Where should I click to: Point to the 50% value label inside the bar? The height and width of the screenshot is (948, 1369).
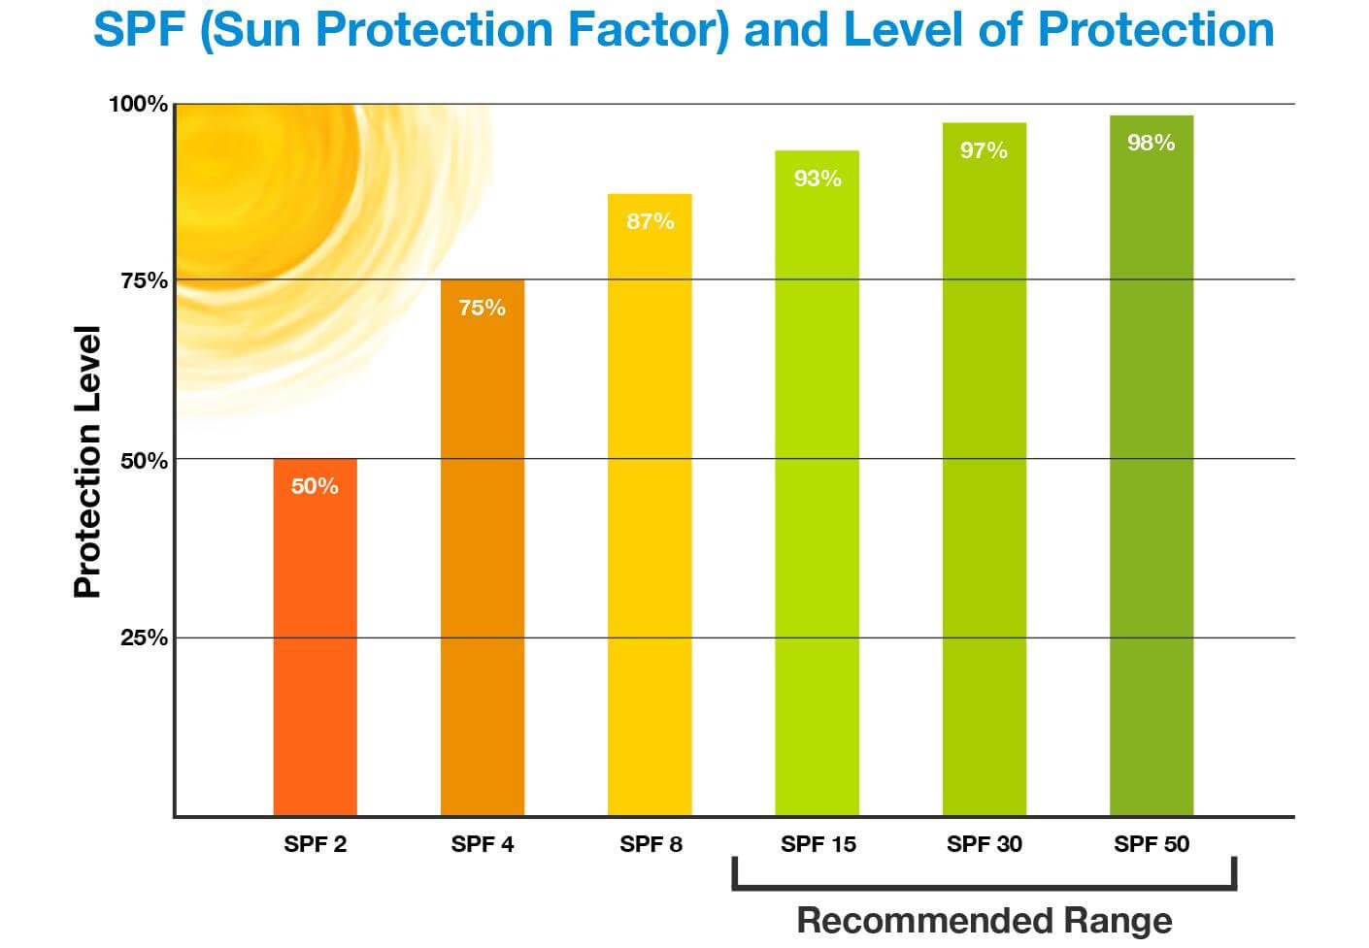pos(315,486)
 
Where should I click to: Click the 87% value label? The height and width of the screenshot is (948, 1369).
pos(650,221)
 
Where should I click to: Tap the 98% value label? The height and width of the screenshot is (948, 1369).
pos(1152,143)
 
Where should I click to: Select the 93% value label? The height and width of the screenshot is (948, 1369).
pos(818,179)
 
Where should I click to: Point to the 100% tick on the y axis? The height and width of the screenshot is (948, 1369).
pos(138,104)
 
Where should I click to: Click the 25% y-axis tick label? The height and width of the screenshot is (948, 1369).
pos(144,637)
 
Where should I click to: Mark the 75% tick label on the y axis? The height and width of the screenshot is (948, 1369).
pos(144,281)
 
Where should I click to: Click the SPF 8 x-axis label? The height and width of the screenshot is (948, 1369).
pos(651,844)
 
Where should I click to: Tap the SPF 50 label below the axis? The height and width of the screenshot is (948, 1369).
pos(1152,844)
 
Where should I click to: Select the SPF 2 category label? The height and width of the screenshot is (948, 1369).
pos(315,844)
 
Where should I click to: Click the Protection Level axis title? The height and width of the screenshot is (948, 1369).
pos(87,462)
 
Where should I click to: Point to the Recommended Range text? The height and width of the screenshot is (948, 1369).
pos(984,920)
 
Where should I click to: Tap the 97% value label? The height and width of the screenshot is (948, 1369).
pos(984,150)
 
